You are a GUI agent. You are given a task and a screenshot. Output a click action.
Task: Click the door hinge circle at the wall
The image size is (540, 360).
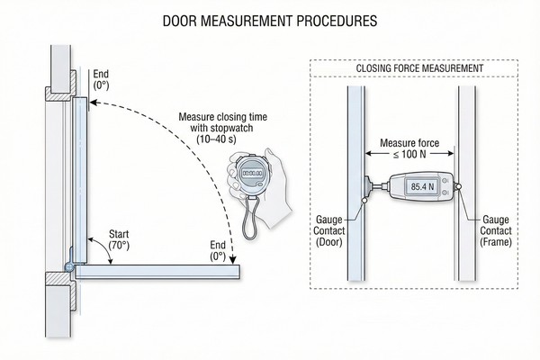pyautogui.click(x=69, y=266)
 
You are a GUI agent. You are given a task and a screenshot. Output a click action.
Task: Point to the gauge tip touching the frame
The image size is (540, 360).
pyautogui.click(x=458, y=187)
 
